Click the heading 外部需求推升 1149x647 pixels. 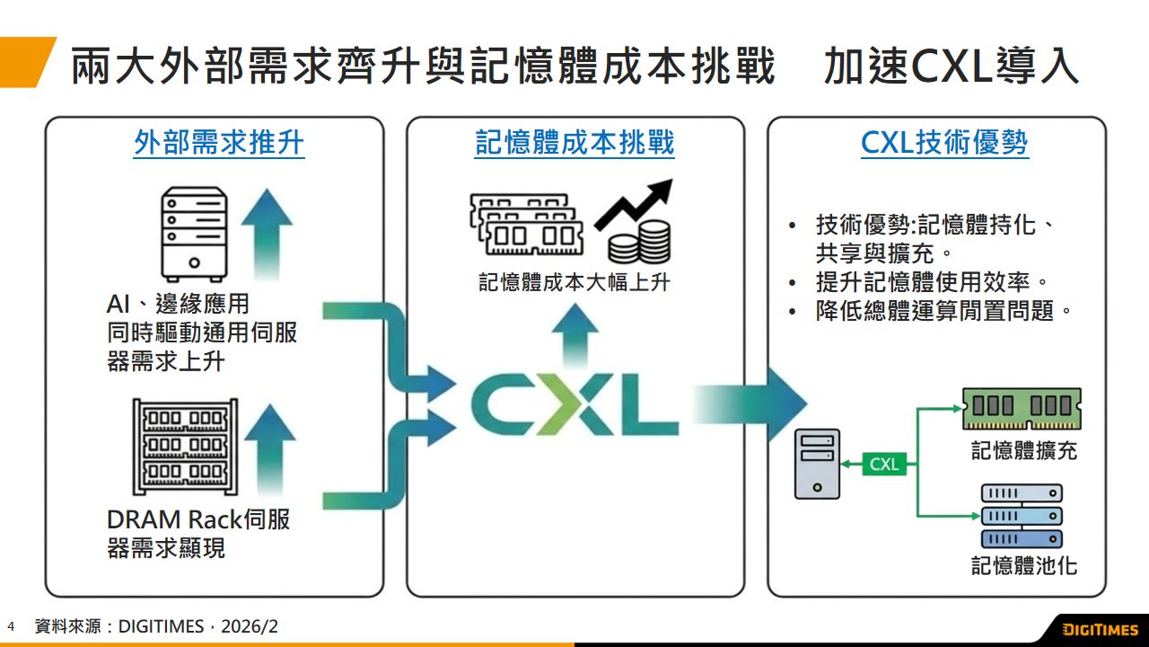[x=219, y=143]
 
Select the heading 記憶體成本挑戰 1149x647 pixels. [x=574, y=143]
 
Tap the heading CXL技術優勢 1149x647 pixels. [x=944, y=143]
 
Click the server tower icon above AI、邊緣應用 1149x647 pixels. [x=193, y=231]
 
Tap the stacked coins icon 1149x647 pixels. [x=639, y=241]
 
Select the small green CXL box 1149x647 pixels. [x=884, y=465]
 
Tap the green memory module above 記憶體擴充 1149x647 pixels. [x=1022, y=409]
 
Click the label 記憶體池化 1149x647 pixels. [x=1024, y=565]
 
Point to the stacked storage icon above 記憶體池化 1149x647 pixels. [x=1022, y=516]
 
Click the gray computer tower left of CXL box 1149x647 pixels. [x=817, y=464]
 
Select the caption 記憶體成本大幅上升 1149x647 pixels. [x=574, y=282]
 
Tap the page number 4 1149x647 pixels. [x=11, y=626]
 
